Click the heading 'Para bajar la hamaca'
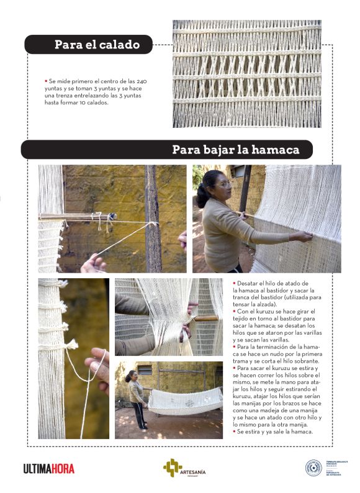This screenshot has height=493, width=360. pyautogui.click(x=235, y=150)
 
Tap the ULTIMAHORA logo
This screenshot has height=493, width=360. pyautogui.click(x=48, y=469)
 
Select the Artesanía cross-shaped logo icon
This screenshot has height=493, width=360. pyautogui.click(x=171, y=467)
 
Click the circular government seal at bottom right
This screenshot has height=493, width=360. pyautogui.click(x=314, y=468)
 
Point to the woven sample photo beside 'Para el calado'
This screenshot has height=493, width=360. pyautogui.click(x=246, y=74)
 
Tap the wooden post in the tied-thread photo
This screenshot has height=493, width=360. pyautogui.click(x=153, y=217)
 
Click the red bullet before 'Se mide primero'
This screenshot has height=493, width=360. pyautogui.click(x=45, y=81)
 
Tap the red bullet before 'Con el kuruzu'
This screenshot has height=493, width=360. pyautogui.click(x=235, y=311)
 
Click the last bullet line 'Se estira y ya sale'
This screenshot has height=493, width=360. pyautogui.click(x=273, y=431)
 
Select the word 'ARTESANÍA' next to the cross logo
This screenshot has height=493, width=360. pyautogui.click(x=192, y=473)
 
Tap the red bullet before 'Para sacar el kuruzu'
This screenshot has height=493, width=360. pyautogui.click(x=235, y=368)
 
